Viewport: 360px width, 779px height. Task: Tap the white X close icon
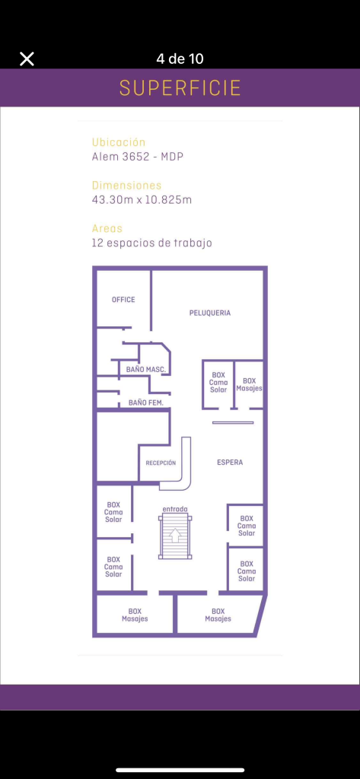(27, 59)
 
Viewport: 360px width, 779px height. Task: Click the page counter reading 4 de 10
(180, 59)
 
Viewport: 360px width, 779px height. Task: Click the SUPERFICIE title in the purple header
(180, 87)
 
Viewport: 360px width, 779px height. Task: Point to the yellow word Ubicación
(118, 142)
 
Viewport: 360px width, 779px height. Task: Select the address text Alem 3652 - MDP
(137, 157)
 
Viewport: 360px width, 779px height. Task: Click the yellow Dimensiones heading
(126, 185)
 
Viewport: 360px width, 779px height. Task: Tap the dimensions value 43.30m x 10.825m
(142, 199)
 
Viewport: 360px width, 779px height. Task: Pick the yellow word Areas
(107, 228)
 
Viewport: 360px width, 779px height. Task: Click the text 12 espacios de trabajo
(151, 243)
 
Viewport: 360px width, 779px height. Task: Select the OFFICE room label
(123, 300)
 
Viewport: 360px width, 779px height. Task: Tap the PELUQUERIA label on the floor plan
(209, 313)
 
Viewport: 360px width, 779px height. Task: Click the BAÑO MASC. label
(145, 369)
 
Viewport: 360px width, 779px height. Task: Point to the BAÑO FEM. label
(145, 402)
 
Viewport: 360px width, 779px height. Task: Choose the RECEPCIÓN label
(161, 463)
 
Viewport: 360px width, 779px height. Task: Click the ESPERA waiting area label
(230, 463)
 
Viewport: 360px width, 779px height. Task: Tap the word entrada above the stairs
(174, 509)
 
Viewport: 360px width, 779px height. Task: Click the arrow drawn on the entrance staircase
(175, 536)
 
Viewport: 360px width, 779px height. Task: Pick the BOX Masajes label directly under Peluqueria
(249, 384)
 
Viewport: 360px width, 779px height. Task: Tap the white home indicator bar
(180, 770)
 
